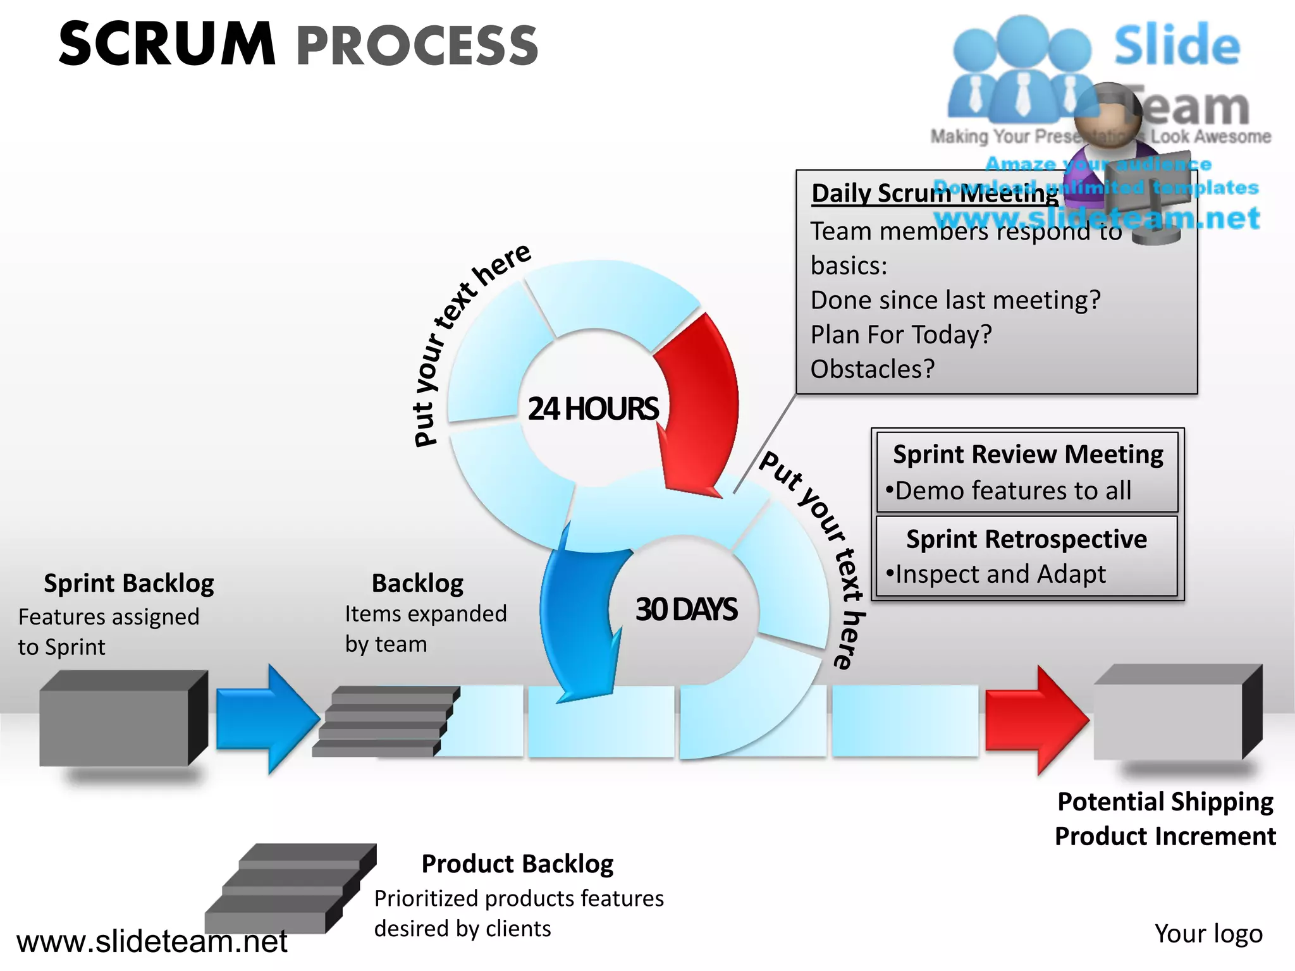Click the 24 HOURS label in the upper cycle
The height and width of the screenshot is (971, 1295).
(x=592, y=408)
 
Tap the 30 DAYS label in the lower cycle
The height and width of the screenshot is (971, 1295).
(x=686, y=609)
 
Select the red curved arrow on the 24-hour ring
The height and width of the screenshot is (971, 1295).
(x=702, y=405)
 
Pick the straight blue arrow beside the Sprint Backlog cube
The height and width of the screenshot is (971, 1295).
(x=266, y=719)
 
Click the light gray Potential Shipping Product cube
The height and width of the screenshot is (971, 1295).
(x=1170, y=718)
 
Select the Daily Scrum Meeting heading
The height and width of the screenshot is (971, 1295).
(x=935, y=193)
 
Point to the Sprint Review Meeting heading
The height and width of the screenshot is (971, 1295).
(x=1028, y=455)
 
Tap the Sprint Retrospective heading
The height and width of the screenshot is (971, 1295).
(x=1026, y=539)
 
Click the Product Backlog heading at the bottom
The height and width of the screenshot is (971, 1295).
(x=517, y=864)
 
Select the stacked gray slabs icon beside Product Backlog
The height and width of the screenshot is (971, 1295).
(x=291, y=888)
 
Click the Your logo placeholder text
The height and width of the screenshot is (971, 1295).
(x=1208, y=934)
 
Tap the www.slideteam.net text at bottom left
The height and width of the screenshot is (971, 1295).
(x=152, y=941)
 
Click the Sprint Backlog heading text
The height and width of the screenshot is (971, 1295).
(x=128, y=583)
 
